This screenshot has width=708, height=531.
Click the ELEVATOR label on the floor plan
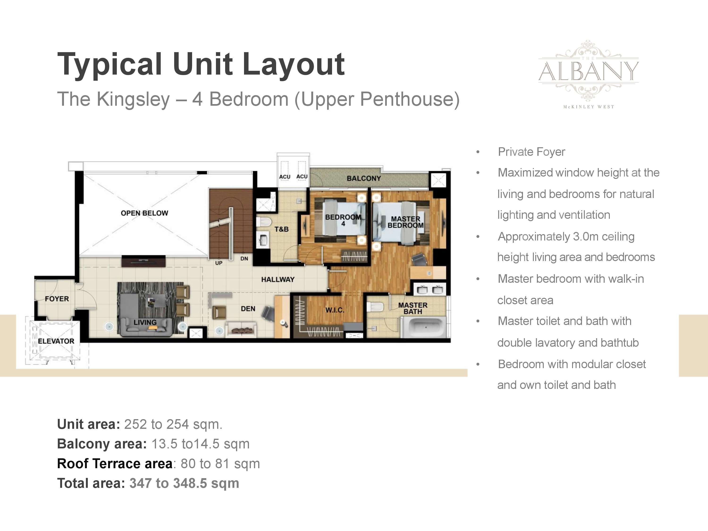[56, 341]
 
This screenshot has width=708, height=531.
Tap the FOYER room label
[57, 299]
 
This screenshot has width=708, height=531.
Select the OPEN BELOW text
[144, 213]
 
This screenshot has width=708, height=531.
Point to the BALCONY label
[364, 178]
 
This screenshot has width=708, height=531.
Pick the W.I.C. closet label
[335, 310]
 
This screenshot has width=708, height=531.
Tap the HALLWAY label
[278, 279]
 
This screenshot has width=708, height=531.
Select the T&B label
[281, 229]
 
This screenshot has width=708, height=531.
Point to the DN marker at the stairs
[244, 259]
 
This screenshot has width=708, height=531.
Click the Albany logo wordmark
[589, 71]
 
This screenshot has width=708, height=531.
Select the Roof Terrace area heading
[115, 464]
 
